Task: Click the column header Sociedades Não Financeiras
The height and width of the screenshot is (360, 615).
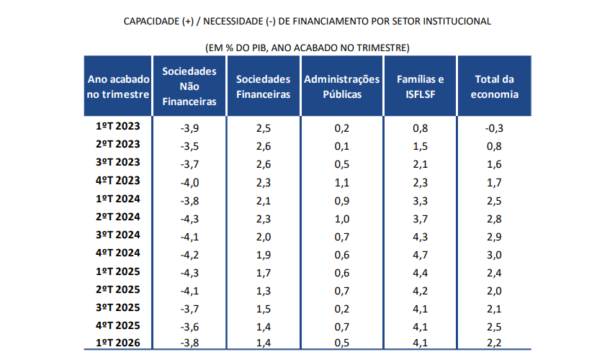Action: click(189, 86)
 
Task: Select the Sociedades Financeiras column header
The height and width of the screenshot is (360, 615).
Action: click(263, 86)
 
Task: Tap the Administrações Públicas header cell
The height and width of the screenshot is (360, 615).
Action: click(342, 86)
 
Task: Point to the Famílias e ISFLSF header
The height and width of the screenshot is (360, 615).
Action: click(420, 86)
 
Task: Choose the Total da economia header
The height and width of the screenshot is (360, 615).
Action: click(495, 86)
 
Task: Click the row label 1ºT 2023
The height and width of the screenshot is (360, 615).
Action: click(117, 126)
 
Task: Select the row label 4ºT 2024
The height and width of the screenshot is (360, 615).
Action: click(117, 253)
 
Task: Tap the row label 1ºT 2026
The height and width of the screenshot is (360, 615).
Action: click(117, 343)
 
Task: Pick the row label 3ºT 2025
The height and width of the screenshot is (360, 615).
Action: click(117, 307)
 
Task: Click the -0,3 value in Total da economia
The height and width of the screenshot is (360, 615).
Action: click(494, 128)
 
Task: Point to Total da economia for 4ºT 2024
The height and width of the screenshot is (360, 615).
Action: click(494, 255)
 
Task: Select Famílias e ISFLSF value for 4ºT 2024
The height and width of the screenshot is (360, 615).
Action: click(420, 255)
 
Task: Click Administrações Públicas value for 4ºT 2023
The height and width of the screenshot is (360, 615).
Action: click(342, 183)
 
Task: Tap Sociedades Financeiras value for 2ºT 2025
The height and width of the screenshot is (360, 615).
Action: click(263, 291)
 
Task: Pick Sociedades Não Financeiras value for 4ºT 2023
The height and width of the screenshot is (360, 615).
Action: click(189, 183)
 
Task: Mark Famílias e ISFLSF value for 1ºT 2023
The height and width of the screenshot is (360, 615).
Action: click(420, 128)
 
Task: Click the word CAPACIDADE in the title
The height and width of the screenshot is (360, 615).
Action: click(151, 21)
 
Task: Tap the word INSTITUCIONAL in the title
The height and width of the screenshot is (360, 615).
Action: click(455, 21)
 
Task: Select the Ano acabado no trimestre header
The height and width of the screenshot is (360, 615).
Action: click(118, 86)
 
